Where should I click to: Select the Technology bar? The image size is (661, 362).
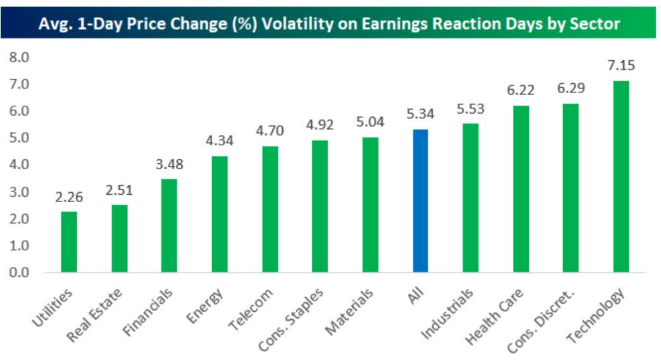[x=621, y=176]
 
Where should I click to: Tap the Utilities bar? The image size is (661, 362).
[x=69, y=242]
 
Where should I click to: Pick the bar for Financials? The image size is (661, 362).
[x=169, y=225]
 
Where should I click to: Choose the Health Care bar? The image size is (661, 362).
[x=521, y=189]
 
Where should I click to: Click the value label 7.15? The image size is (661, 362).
[x=621, y=67]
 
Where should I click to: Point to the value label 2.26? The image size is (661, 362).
[x=69, y=198]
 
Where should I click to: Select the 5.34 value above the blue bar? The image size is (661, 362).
[x=420, y=115]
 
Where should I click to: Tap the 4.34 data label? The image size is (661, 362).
[x=219, y=142]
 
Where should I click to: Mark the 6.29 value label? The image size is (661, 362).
[x=571, y=89]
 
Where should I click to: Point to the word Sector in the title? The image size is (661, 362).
[x=591, y=24]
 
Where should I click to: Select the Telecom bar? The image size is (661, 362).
[x=270, y=209]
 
